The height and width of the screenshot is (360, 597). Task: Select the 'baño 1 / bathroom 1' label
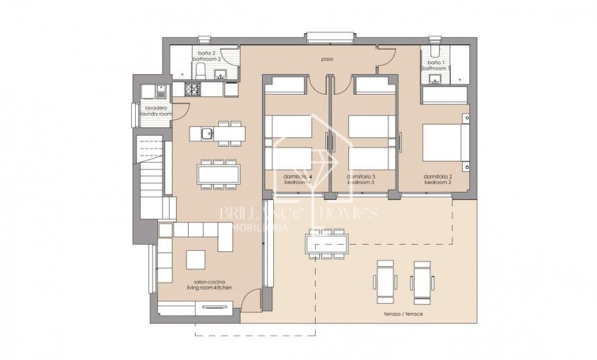(x=435, y=66)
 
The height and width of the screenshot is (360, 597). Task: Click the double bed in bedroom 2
(x=445, y=146)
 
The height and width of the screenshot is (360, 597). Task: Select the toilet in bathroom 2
(x=201, y=73)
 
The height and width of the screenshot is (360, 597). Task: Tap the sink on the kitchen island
(x=205, y=133)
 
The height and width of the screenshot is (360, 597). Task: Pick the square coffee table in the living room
(x=196, y=259)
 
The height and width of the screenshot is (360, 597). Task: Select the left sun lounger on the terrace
(x=386, y=280)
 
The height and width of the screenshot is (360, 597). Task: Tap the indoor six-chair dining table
(x=217, y=171)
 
